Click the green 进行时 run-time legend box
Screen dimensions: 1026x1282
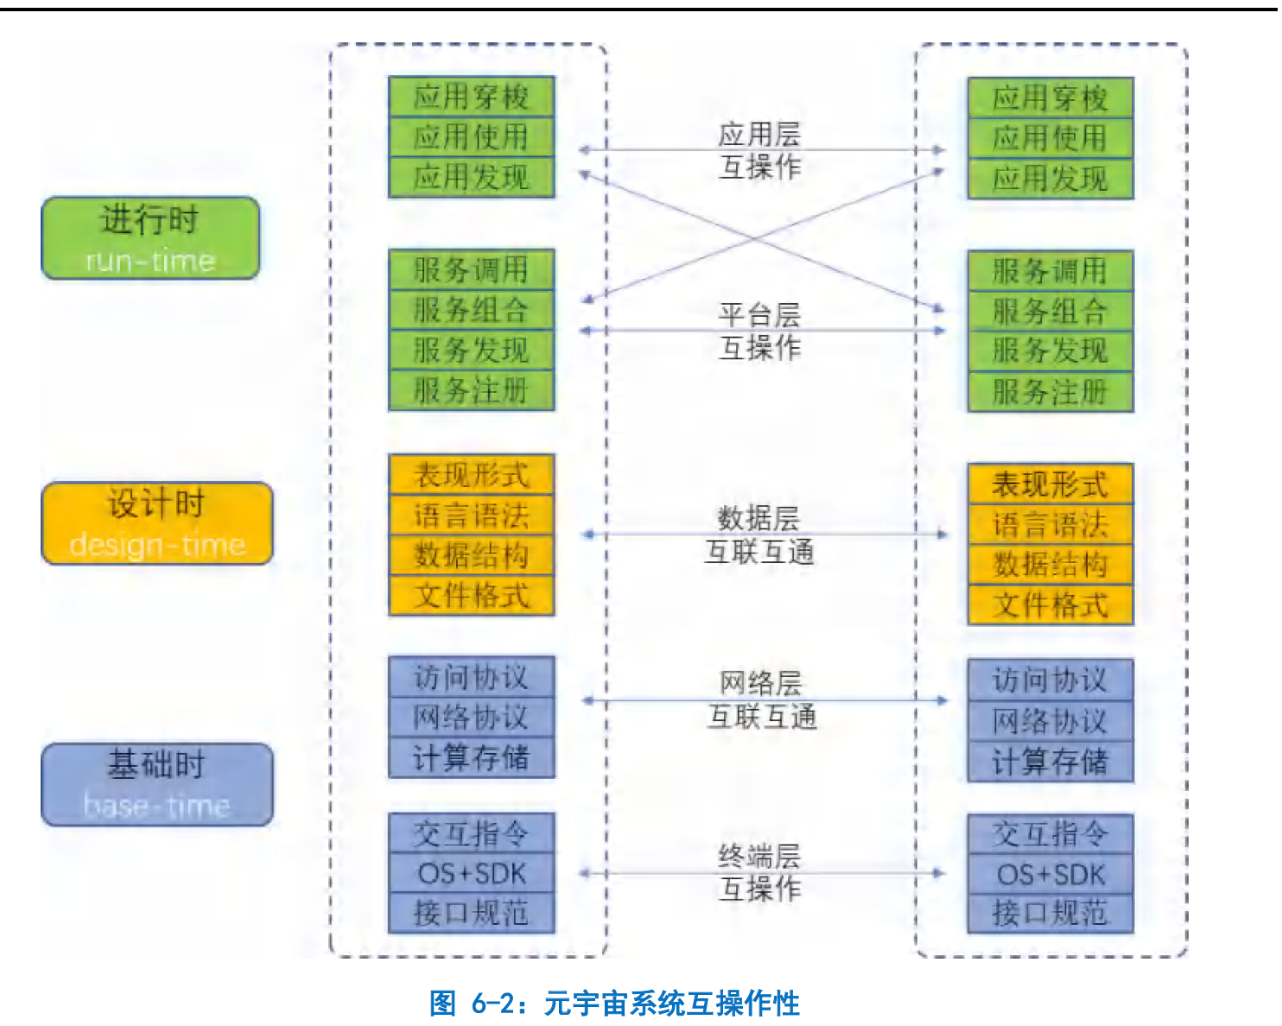coord(150,237)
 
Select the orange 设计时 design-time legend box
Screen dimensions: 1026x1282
coord(157,523)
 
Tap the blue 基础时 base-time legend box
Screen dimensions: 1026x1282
coord(157,784)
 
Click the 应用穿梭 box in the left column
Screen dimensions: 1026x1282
coord(471,96)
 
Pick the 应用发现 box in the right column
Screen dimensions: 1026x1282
coord(1050,179)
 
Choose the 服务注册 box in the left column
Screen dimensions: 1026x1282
coord(471,390)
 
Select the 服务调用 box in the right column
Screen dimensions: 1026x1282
coord(1050,270)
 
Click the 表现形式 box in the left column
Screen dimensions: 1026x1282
coord(471,474)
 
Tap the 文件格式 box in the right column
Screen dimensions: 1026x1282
coord(1050,605)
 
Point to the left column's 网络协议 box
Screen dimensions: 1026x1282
coord(471,717)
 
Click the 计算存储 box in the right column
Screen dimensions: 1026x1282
coord(1050,762)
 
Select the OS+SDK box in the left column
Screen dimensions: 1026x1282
coord(471,873)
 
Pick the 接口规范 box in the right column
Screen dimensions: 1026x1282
coord(1050,913)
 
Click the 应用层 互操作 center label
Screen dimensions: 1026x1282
coord(759,150)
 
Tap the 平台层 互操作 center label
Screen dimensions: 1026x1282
coord(759,331)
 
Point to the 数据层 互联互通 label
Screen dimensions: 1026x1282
coord(759,535)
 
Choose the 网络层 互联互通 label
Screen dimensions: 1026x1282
coord(761,700)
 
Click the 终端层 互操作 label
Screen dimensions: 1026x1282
coord(759,872)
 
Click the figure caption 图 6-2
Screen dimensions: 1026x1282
coord(614,1003)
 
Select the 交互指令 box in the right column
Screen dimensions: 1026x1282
coord(1050,833)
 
